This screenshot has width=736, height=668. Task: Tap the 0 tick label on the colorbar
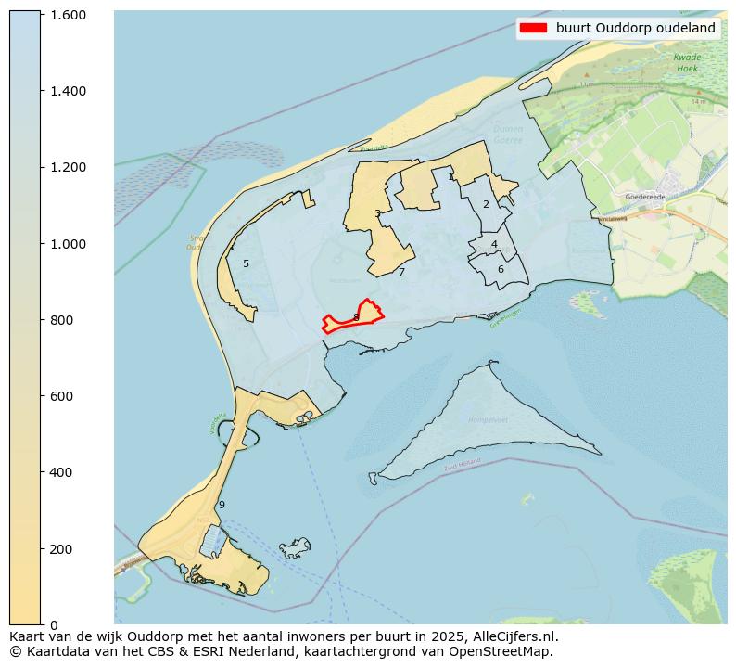53,624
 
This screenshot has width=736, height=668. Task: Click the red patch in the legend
533,28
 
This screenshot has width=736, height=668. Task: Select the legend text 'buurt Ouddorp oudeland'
635,28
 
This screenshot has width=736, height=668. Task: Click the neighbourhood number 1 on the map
451,176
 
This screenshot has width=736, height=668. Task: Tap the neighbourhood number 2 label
486,204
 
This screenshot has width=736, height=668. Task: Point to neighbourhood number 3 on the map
377,213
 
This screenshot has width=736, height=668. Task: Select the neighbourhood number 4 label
494,244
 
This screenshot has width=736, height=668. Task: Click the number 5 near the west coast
246,263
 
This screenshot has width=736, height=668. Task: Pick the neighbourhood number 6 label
501,269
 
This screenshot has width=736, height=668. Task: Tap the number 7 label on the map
401,272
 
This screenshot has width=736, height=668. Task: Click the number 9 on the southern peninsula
222,505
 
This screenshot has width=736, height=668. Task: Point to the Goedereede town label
646,197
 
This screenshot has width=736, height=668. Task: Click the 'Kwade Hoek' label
687,62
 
